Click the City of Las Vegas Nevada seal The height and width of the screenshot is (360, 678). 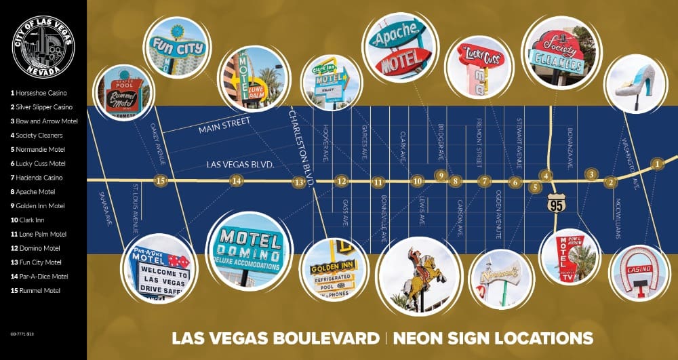click(x=43, y=47)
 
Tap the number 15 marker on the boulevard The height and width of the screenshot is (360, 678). click(x=160, y=181)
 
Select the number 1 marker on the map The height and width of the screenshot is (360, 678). click(x=656, y=163)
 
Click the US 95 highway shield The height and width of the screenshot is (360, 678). click(x=557, y=202)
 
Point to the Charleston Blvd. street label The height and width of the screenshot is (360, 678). click(x=302, y=142)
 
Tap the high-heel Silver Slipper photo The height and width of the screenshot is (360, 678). click(x=635, y=82)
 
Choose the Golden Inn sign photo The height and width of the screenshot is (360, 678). click(x=332, y=268)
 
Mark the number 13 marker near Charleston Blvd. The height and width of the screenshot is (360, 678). click(x=298, y=182)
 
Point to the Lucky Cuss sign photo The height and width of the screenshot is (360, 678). click(x=479, y=67)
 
